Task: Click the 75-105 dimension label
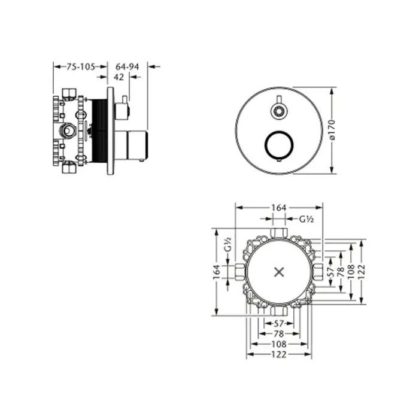81,66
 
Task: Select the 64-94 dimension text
127,66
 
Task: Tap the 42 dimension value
119,77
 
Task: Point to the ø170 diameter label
332,130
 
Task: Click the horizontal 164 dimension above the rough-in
279,208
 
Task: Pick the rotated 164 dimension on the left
217,272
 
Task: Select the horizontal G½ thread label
306,219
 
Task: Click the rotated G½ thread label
227,244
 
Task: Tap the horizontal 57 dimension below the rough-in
279,324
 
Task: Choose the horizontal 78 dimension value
279,334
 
